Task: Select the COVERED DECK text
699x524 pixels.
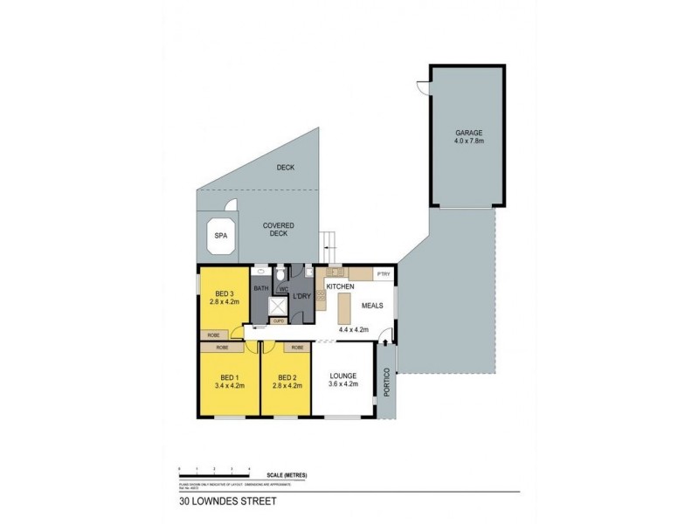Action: pyautogui.click(x=279, y=230)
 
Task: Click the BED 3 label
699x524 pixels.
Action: pyautogui.click(x=223, y=293)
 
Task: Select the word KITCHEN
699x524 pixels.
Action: pyautogui.click(x=339, y=286)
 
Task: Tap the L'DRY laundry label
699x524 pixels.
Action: pyautogui.click(x=302, y=296)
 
